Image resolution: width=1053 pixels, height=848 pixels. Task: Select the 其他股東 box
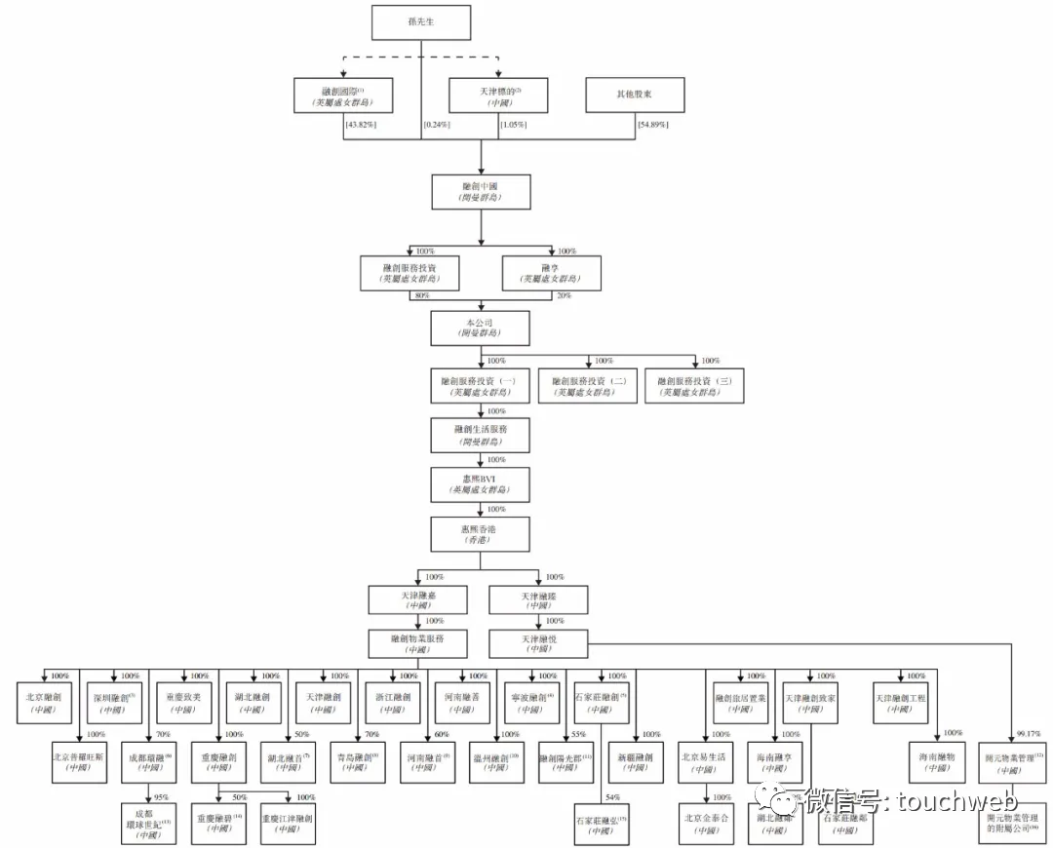click(x=635, y=96)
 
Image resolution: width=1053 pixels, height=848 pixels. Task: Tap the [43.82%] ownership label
click(x=361, y=126)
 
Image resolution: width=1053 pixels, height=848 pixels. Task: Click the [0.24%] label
click(x=437, y=126)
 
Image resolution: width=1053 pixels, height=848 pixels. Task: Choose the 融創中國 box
click(x=482, y=190)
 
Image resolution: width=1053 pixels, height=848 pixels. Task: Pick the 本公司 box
click(x=482, y=328)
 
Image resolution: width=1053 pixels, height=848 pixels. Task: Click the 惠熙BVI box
click(x=482, y=482)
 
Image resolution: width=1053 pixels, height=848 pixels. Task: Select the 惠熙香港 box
click(x=482, y=532)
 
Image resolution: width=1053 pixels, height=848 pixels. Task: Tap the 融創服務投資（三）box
click(x=694, y=385)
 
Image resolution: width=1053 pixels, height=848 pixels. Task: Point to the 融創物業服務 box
click(x=417, y=642)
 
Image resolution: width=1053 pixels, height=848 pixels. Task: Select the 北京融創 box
click(x=43, y=703)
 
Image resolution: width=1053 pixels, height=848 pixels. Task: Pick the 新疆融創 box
click(x=634, y=761)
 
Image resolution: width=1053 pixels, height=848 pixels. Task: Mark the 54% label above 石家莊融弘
click(x=613, y=797)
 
